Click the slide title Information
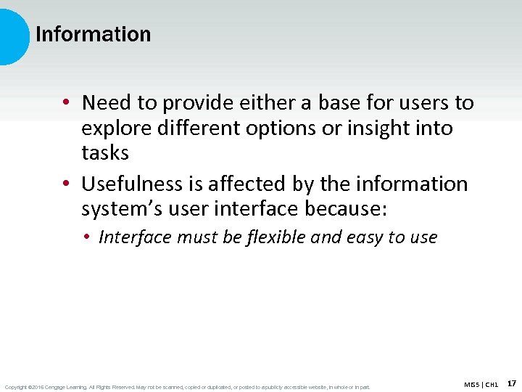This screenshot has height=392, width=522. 93,34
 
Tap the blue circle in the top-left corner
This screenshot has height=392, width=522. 12,36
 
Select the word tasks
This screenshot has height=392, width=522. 105,153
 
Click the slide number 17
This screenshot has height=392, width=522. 512,383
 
